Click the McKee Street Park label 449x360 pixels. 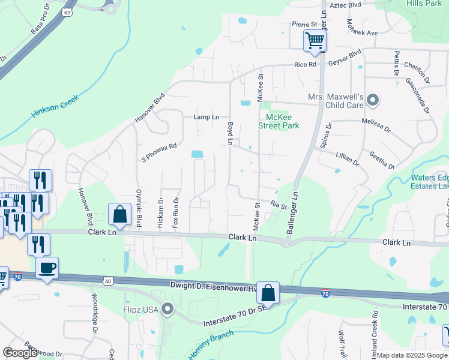[279, 121]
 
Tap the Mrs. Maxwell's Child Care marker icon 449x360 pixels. [373, 100]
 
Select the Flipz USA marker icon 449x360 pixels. [167, 310]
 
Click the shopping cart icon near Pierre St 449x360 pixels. [315, 41]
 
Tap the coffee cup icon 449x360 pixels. [47, 268]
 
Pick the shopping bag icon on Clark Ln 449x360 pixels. [119, 214]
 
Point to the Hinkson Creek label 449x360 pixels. [56, 107]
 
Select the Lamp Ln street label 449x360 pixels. [206, 117]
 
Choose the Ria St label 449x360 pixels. [279, 205]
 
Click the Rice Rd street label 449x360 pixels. [305, 64]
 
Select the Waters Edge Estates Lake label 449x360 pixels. [430, 182]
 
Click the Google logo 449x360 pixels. [20, 353]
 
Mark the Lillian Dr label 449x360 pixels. [348, 160]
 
